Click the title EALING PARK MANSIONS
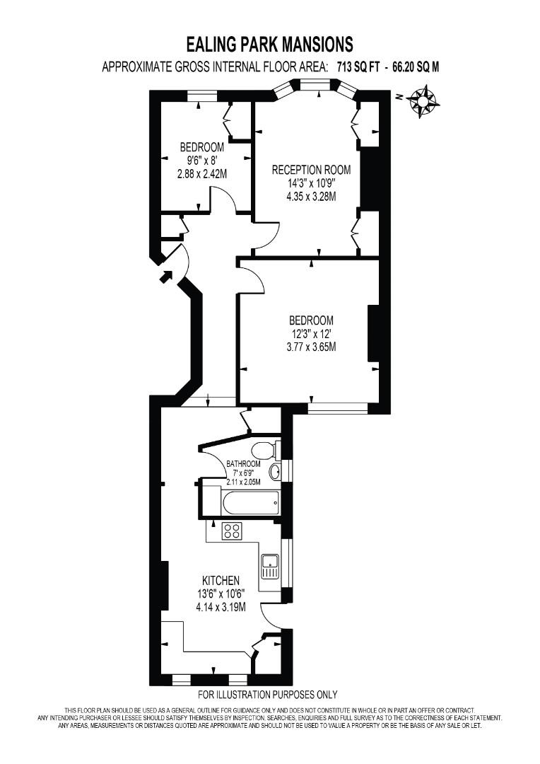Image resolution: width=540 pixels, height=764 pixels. click(269, 45)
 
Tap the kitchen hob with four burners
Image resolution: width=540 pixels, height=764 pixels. click(232, 531)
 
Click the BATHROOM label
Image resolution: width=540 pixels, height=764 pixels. click(243, 464)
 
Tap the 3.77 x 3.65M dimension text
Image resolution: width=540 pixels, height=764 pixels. click(310, 347)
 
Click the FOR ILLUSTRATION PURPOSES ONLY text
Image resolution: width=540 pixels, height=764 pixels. click(268, 695)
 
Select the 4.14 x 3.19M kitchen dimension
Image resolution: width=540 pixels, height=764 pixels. click(221, 607)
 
